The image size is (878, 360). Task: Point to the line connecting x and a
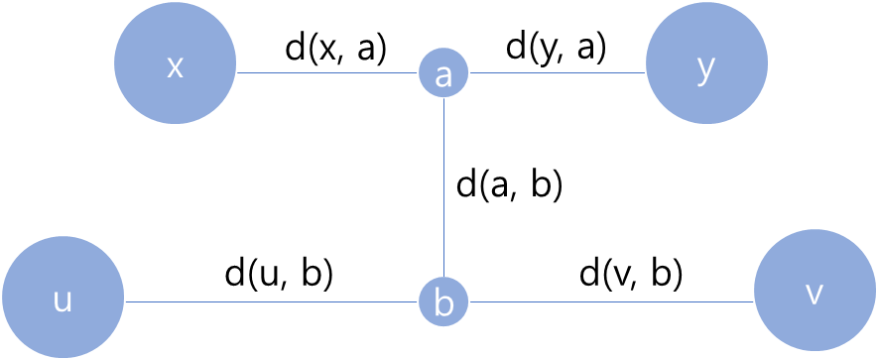coord(327,73)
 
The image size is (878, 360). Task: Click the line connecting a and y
coord(557,73)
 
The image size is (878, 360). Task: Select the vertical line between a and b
coord(443,188)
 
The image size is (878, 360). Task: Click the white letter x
coord(176,67)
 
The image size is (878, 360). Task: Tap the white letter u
coord(63,300)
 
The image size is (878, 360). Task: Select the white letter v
coord(815,295)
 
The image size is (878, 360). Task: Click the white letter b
coord(443,302)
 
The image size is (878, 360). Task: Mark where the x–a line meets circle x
coord(237,73)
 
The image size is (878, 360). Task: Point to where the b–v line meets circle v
coord(754,301)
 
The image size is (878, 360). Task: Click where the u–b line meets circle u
coord(125,301)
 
